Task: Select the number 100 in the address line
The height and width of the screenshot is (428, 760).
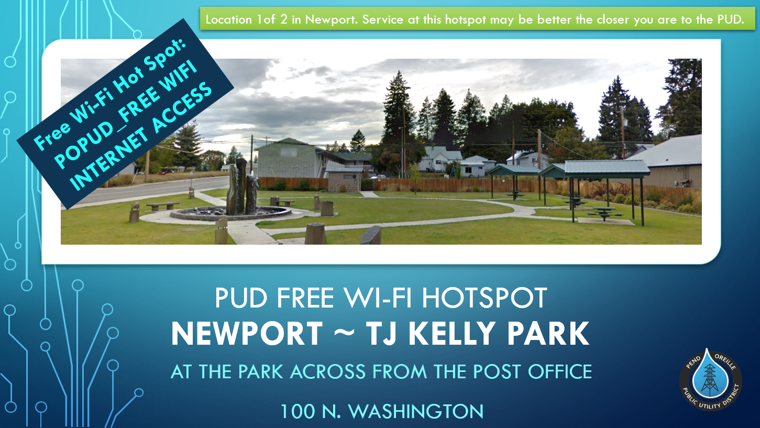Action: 298,411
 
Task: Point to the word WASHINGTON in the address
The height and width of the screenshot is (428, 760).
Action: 416,411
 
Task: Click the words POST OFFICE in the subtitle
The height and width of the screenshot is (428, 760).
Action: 532,371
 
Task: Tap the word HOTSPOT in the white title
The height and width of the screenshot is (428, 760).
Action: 484,298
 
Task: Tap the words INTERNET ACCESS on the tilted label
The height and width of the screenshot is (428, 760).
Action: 141,136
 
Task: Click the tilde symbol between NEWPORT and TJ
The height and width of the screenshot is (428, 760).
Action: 345,333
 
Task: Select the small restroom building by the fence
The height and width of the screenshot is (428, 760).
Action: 344,177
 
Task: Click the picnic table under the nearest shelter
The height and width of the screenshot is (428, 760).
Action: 604,213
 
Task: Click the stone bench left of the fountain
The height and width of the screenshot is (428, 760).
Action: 163,206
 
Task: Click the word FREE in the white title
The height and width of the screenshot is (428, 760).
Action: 305,298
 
